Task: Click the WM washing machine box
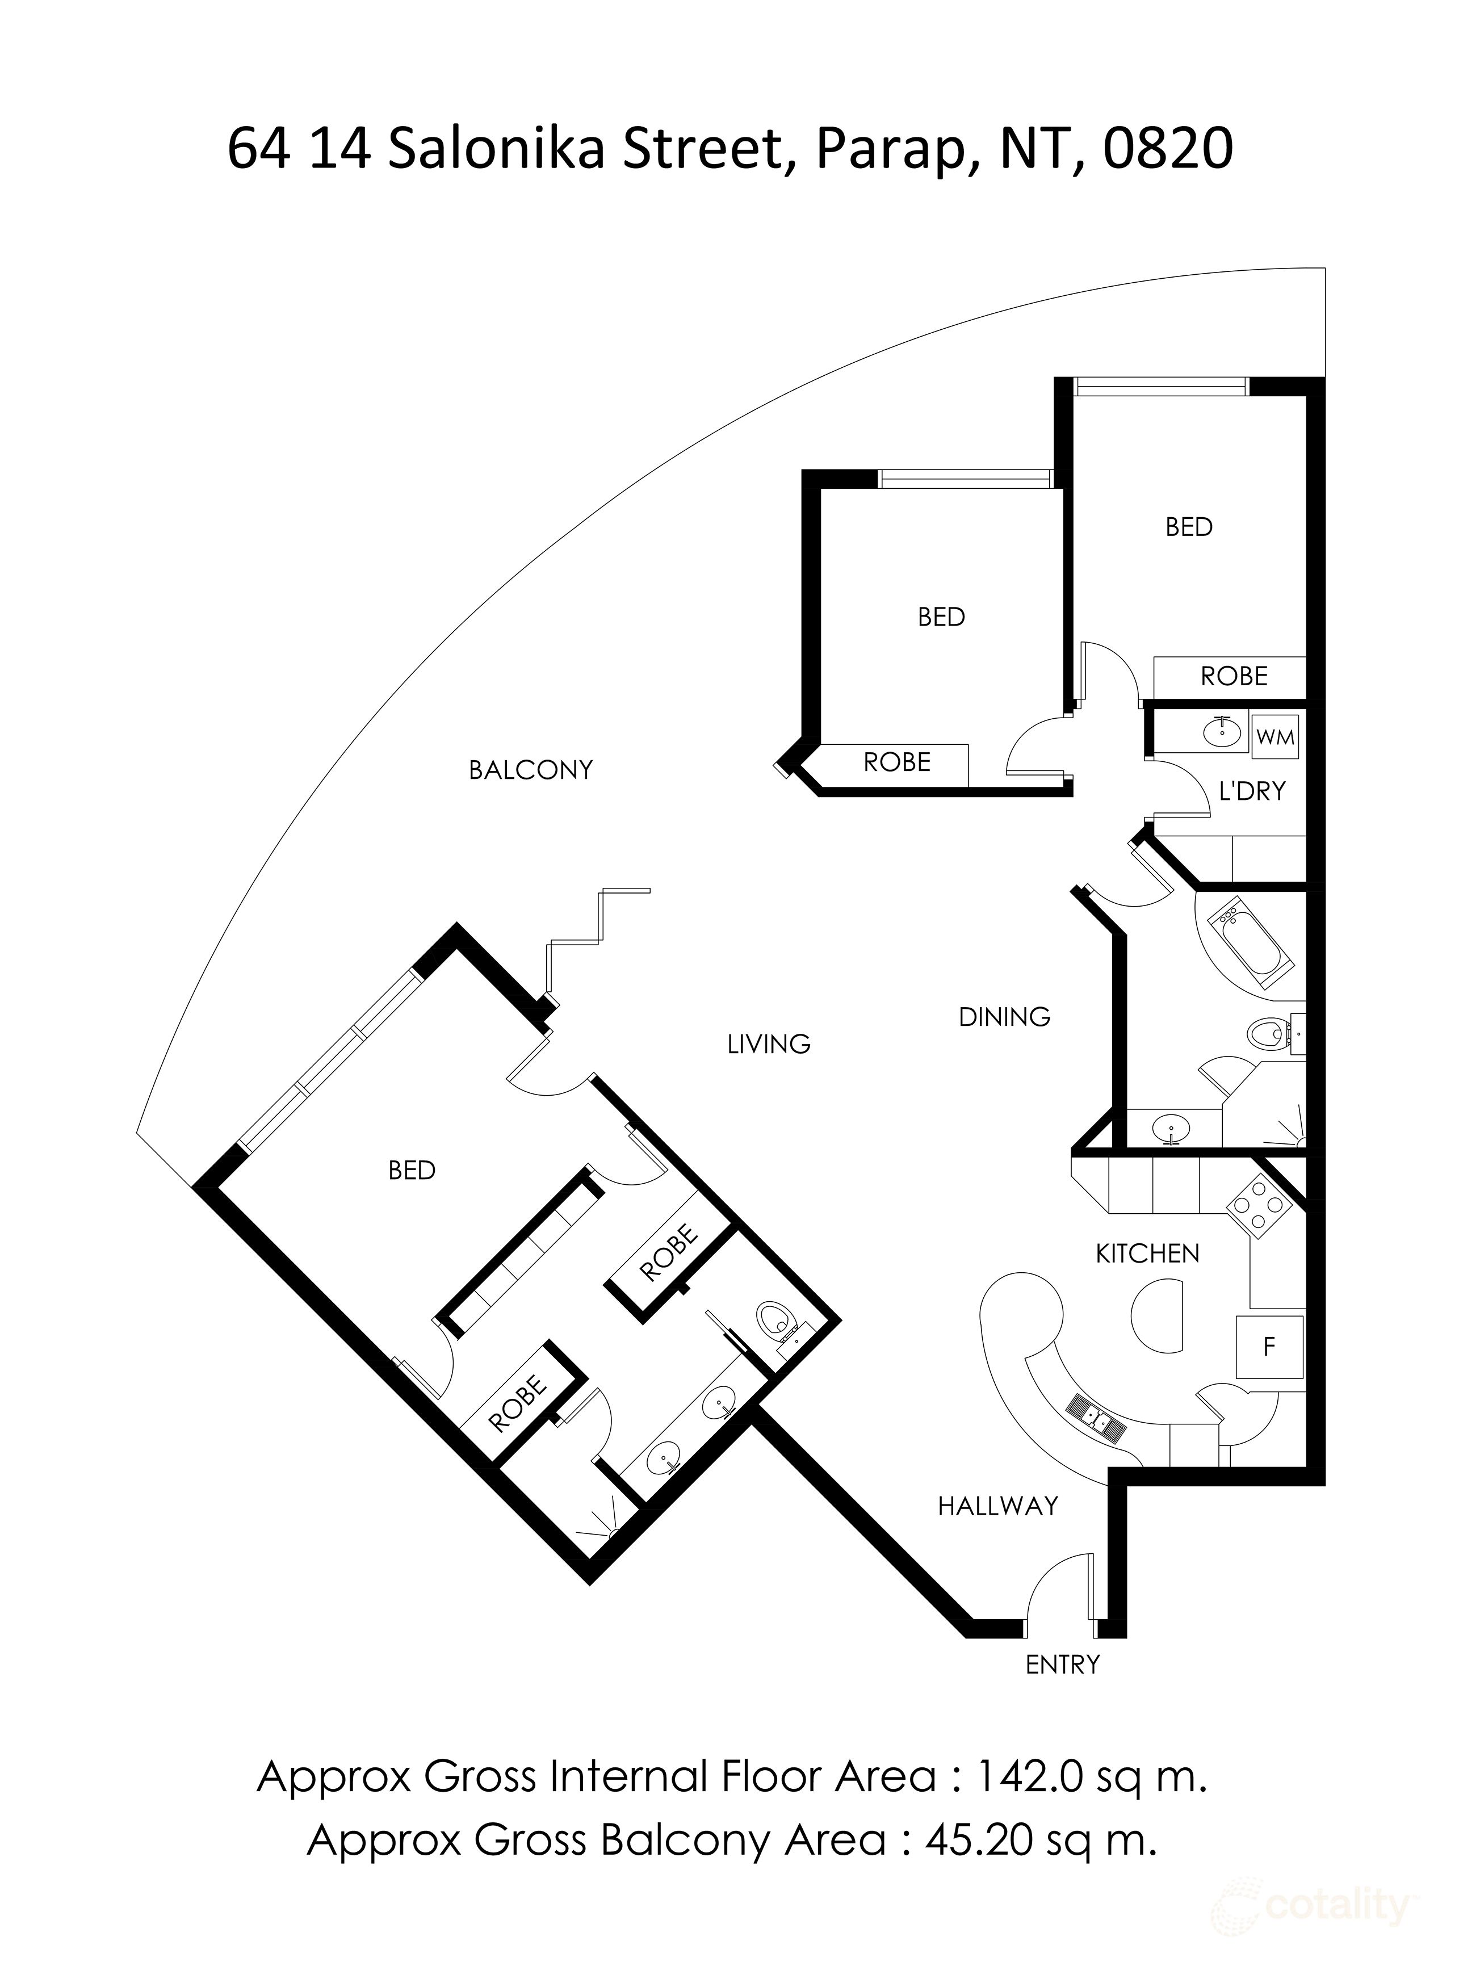tap(1274, 736)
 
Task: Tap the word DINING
tap(1004, 1017)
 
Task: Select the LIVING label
tap(768, 1045)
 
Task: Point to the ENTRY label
tap(1062, 1665)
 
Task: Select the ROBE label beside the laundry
tap(1234, 677)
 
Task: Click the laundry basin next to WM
tap(1222, 730)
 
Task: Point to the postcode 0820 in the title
tap(1168, 148)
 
